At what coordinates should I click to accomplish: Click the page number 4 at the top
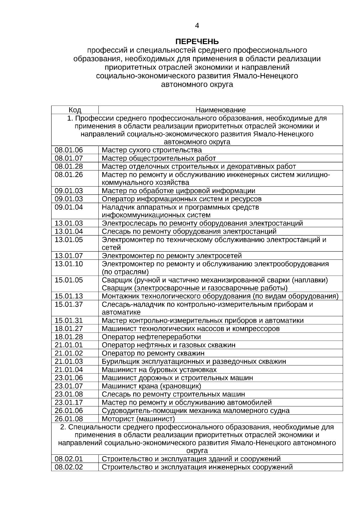coord(197,26)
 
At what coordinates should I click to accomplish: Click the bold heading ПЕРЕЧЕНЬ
coord(197,41)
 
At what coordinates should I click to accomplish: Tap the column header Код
coord(75,110)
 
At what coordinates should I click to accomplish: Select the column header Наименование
coord(220,110)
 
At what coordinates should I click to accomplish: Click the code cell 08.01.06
coord(69,150)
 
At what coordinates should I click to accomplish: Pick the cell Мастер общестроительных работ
coord(159,158)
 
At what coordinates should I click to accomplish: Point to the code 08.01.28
coord(69,166)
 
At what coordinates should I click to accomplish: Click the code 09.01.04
coord(69,207)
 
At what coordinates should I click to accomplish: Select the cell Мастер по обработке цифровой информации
coord(178,191)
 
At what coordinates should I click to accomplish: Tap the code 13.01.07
coord(69,256)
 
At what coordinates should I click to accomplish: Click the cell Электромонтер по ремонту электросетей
coord(172,256)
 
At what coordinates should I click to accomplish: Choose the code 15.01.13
coord(69,296)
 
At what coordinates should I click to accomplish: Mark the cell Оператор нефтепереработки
coord(151,337)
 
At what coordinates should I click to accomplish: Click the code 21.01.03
coord(69,361)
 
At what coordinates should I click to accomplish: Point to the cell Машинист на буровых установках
coord(159,370)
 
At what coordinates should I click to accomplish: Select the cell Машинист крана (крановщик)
coord(151,386)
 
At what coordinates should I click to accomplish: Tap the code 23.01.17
coord(69,403)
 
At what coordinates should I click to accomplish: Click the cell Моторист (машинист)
coord(138,419)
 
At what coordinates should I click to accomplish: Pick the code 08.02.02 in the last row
coord(69,467)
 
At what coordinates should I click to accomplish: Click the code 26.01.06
coord(69,411)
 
